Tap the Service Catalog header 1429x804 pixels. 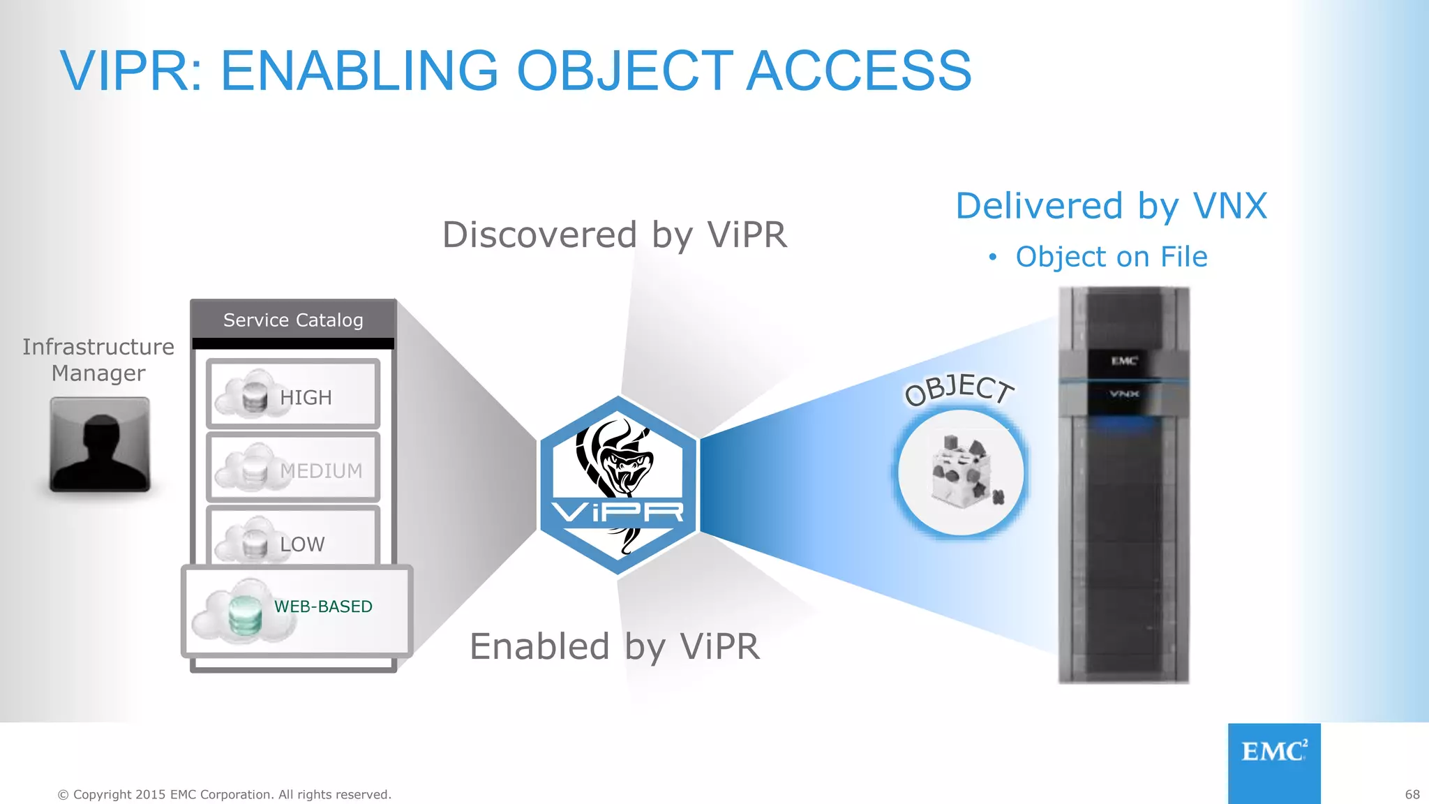pyautogui.click(x=293, y=320)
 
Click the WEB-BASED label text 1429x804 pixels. pyautogui.click(x=323, y=606)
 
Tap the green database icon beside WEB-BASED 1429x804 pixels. pyautogui.click(x=245, y=615)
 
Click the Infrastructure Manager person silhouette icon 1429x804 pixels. pyautogui.click(x=100, y=445)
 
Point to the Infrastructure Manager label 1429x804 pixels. pyautogui.click(x=98, y=359)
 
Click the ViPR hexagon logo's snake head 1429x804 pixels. pyautogui.click(x=624, y=466)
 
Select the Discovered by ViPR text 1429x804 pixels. pyautogui.click(x=615, y=234)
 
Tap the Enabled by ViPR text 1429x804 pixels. pyautogui.click(x=615, y=646)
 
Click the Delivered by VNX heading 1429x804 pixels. pyautogui.click(x=1111, y=206)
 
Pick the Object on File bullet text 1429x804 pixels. pyautogui.click(x=1111, y=257)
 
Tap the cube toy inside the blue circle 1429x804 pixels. pyautogui.click(x=963, y=472)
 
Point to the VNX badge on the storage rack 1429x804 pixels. pyautogui.click(x=1124, y=394)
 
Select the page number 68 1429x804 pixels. pyautogui.click(x=1412, y=794)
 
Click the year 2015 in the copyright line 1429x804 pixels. pyautogui.click(x=151, y=794)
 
